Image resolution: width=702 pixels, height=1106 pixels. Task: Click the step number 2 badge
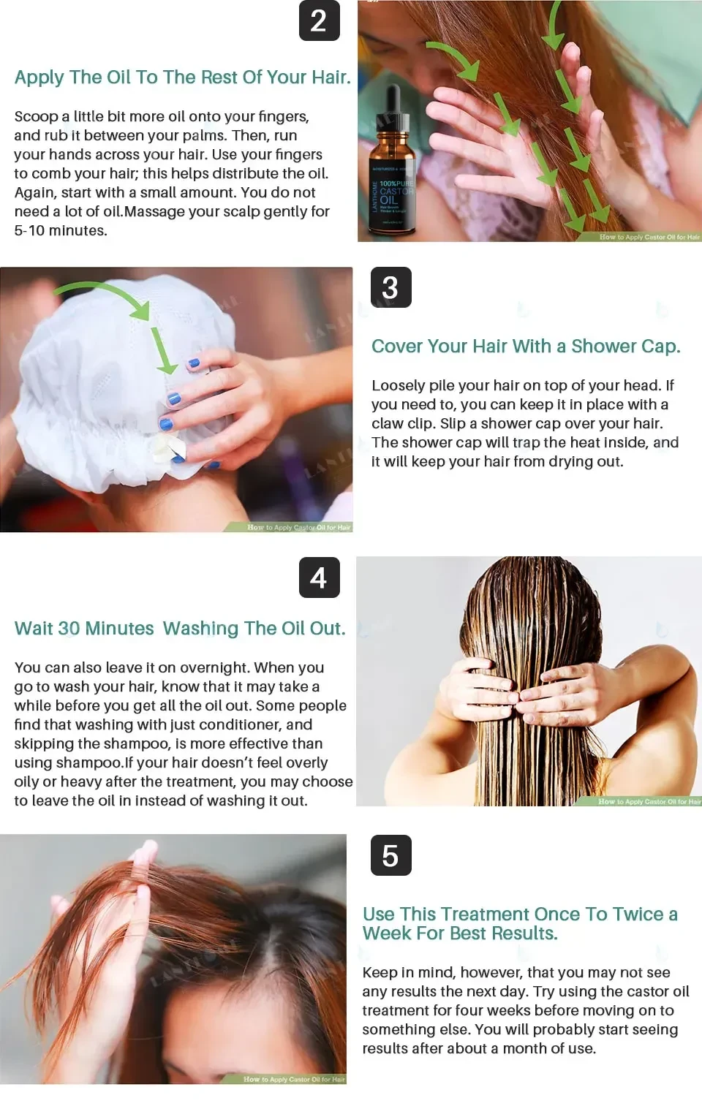(319, 20)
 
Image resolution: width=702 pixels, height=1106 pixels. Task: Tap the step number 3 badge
(390, 287)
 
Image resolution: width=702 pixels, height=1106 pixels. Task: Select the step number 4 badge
(319, 577)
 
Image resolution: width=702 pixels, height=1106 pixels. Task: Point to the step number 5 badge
(390, 855)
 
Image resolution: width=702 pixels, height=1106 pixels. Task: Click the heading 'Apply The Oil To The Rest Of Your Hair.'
(182, 77)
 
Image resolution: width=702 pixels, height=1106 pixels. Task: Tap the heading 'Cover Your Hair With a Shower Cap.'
(525, 346)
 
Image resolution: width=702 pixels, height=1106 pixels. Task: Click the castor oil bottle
(392, 175)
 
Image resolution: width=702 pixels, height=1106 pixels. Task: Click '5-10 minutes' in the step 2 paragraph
(61, 231)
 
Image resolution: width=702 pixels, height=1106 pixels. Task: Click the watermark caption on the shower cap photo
(298, 527)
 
